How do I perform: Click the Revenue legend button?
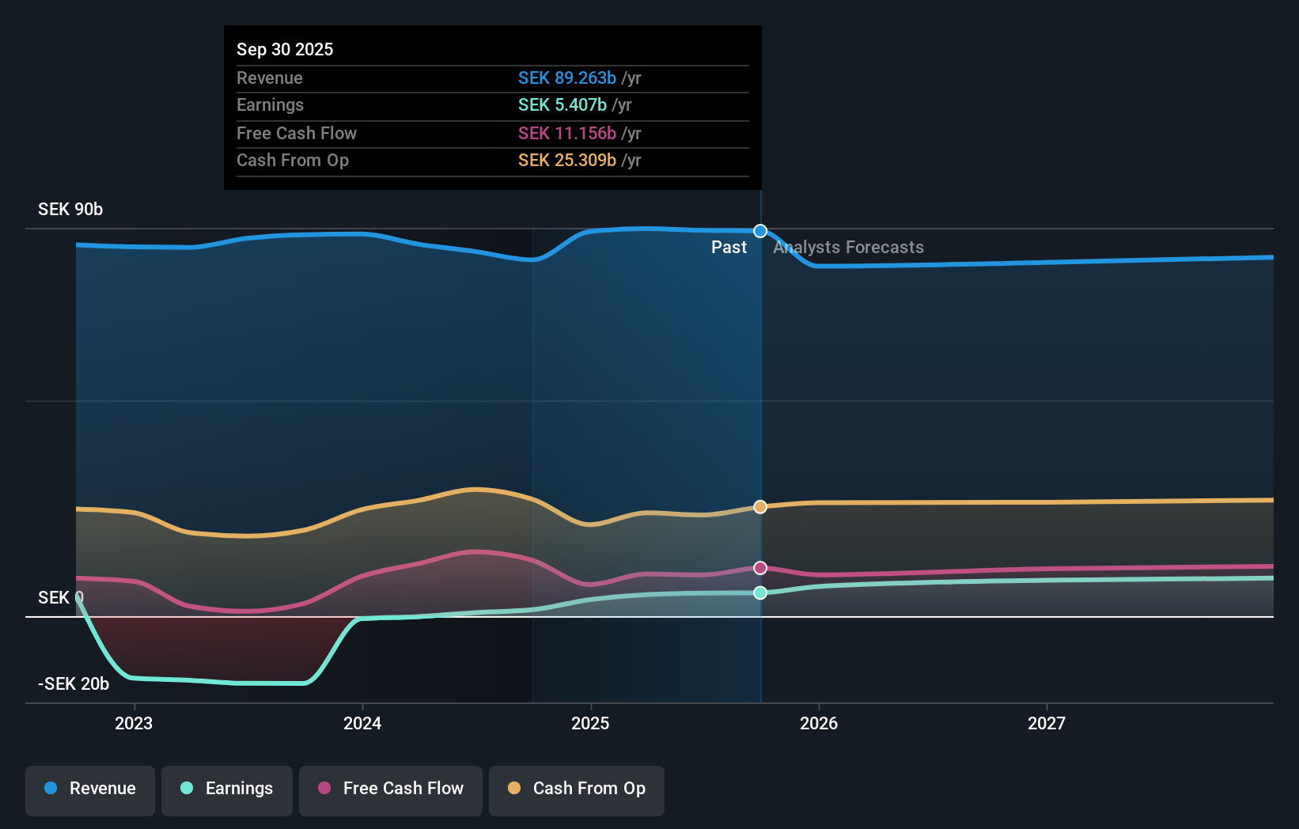(x=90, y=789)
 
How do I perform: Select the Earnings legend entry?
(x=227, y=789)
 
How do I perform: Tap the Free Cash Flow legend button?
(x=391, y=789)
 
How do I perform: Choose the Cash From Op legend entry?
(x=577, y=789)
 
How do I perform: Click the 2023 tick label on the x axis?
(x=134, y=723)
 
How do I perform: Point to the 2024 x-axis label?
(x=362, y=723)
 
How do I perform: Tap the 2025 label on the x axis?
(x=590, y=723)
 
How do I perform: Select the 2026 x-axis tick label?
(x=819, y=723)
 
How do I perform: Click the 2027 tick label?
(x=1047, y=723)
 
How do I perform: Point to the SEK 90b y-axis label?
(x=70, y=210)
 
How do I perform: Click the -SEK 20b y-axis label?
(x=74, y=684)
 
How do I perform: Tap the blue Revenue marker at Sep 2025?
(x=760, y=231)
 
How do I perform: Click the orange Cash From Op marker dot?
(x=760, y=507)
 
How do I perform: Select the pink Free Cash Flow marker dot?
(x=760, y=568)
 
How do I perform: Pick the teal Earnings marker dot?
(x=760, y=592)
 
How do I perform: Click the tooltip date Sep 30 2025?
(x=285, y=49)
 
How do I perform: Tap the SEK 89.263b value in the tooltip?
(x=566, y=78)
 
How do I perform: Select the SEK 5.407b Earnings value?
(x=562, y=105)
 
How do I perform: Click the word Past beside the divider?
(x=729, y=248)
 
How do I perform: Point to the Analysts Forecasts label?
(x=848, y=248)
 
